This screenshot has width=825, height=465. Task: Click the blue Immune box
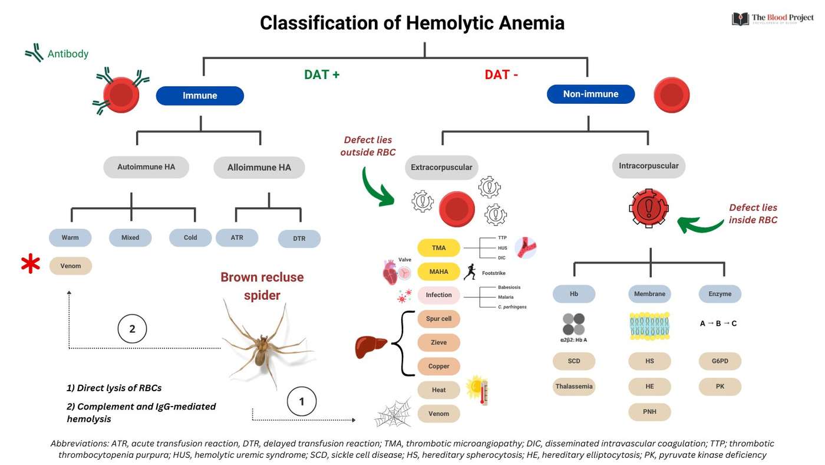(x=200, y=96)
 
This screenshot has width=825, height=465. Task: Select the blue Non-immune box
(x=590, y=94)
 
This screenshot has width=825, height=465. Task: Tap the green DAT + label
(x=322, y=74)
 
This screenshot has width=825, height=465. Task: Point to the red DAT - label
(x=501, y=74)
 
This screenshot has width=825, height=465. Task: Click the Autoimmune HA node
(x=146, y=167)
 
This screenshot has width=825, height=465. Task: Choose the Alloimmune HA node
(x=259, y=168)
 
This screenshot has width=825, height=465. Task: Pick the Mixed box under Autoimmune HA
(x=130, y=238)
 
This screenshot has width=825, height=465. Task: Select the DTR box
(x=299, y=238)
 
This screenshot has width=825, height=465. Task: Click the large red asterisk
(x=31, y=265)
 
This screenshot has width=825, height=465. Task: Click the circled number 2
(x=132, y=329)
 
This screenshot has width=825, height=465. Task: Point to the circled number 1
(x=302, y=402)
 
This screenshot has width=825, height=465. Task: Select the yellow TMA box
(x=438, y=248)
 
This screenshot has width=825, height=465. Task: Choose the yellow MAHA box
(x=438, y=271)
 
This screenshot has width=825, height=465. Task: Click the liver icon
(x=371, y=346)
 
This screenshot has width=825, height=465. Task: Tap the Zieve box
(x=438, y=342)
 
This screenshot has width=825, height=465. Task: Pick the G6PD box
(x=720, y=361)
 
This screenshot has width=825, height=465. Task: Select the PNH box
(x=649, y=411)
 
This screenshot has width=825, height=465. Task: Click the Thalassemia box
(x=574, y=387)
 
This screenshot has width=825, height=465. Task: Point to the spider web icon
(x=394, y=415)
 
